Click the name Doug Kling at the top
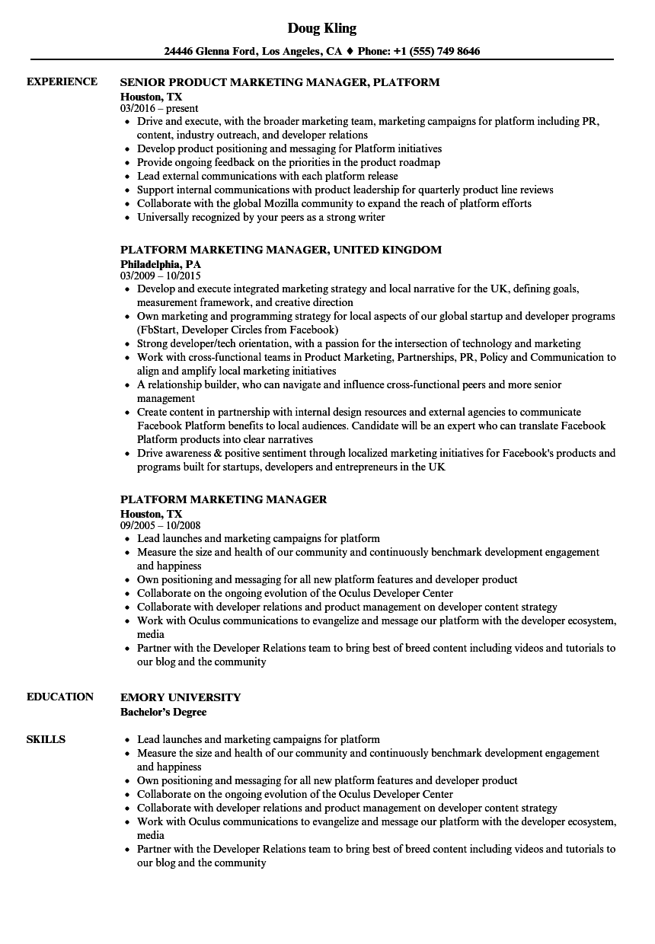(321, 28)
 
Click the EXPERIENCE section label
(62, 81)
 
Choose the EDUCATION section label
(60, 697)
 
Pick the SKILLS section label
(46, 739)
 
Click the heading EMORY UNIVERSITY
(181, 697)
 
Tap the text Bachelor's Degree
(163, 712)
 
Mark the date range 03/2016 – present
(159, 108)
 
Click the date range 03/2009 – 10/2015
(161, 276)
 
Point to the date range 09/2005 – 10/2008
(161, 525)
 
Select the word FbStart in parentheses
(158, 330)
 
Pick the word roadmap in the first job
(419, 162)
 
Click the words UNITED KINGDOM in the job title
(388, 250)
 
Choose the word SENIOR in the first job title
(143, 82)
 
